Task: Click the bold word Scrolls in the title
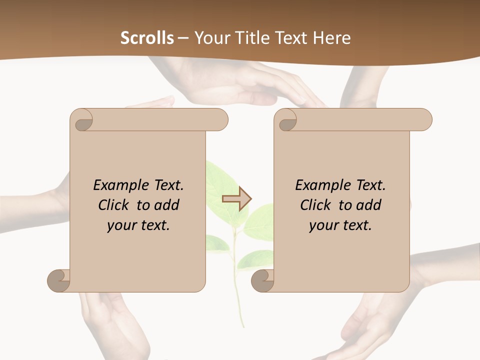pyautogui.click(x=147, y=38)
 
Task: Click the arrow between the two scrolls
pyautogui.click(x=236, y=199)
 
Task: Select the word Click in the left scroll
pyautogui.click(x=114, y=205)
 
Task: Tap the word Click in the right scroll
pyautogui.click(x=316, y=205)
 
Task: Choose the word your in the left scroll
pyautogui.click(x=120, y=225)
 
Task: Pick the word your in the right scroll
pyautogui.click(x=322, y=225)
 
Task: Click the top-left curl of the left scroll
pyautogui.click(x=82, y=120)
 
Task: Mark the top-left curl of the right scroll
pyautogui.click(x=286, y=120)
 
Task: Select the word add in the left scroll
pyautogui.click(x=167, y=205)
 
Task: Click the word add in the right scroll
pyautogui.click(x=369, y=205)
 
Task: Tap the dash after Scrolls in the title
pyautogui.click(x=183, y=38)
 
